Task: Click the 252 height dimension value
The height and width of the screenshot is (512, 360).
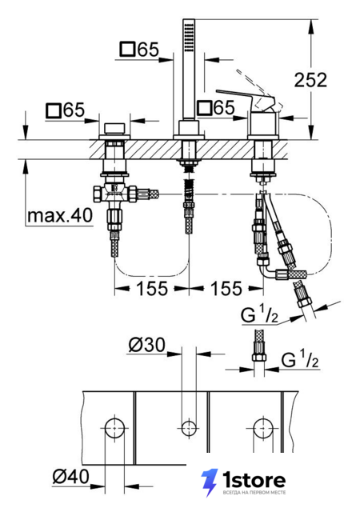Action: (310, 80)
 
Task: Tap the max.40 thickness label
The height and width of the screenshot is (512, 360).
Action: (60, 215)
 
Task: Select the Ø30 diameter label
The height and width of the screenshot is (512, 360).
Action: (147, 345)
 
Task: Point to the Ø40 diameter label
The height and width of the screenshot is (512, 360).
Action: (70, 477)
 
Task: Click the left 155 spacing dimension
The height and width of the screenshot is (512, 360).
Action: (152, 288)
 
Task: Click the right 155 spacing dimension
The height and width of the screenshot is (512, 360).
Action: (226, 288)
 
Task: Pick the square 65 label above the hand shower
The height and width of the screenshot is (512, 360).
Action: (139, 50)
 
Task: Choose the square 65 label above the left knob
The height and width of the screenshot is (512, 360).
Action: (66, 110)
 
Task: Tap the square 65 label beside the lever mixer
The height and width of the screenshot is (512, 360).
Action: (216, 107)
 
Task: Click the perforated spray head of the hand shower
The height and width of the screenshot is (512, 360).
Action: (189, 35)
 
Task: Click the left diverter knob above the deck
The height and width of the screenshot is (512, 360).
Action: (114, 129)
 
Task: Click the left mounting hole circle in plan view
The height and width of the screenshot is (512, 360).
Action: (114, 428)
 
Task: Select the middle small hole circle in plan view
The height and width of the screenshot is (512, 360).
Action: (189, 428)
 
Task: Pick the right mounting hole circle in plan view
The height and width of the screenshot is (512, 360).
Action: (263, 428)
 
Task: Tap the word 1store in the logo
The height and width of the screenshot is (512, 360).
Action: (254, 480)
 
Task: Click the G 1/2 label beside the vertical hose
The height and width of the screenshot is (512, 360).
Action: (299, 359)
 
